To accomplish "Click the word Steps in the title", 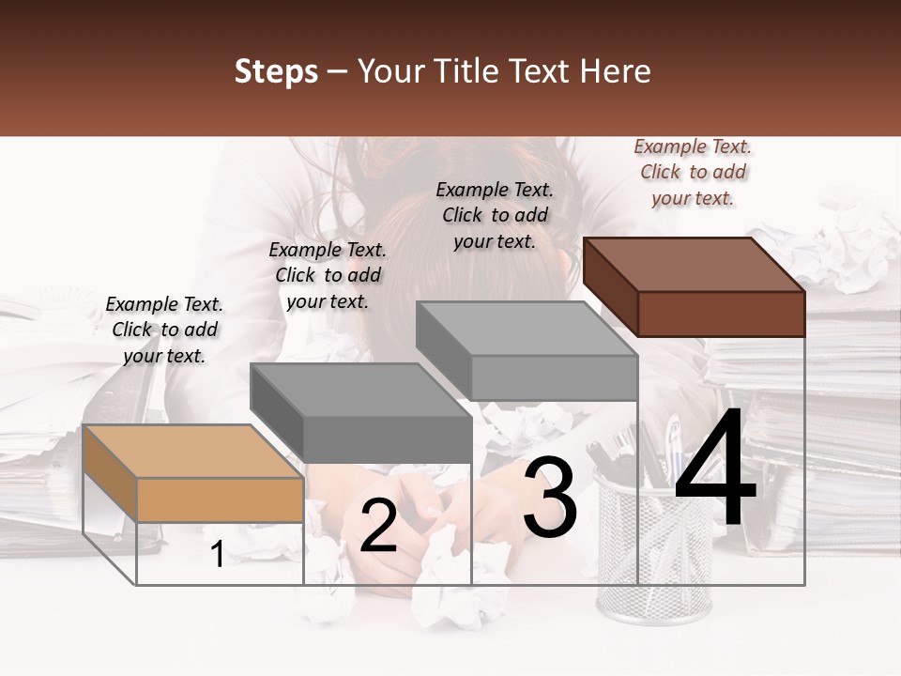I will click(276, 71).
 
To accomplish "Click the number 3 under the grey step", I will click(550, 499).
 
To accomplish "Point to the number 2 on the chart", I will click(378, 526).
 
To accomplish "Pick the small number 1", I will click(217, 555).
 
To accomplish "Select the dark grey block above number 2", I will click(361, 412).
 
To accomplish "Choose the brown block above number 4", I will click(695, 285).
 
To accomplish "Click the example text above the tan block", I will click(164, 330).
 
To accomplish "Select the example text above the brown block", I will click(693, 172).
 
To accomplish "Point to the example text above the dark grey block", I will click(328, 275).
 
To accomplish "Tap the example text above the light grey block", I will click(495, 215).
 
